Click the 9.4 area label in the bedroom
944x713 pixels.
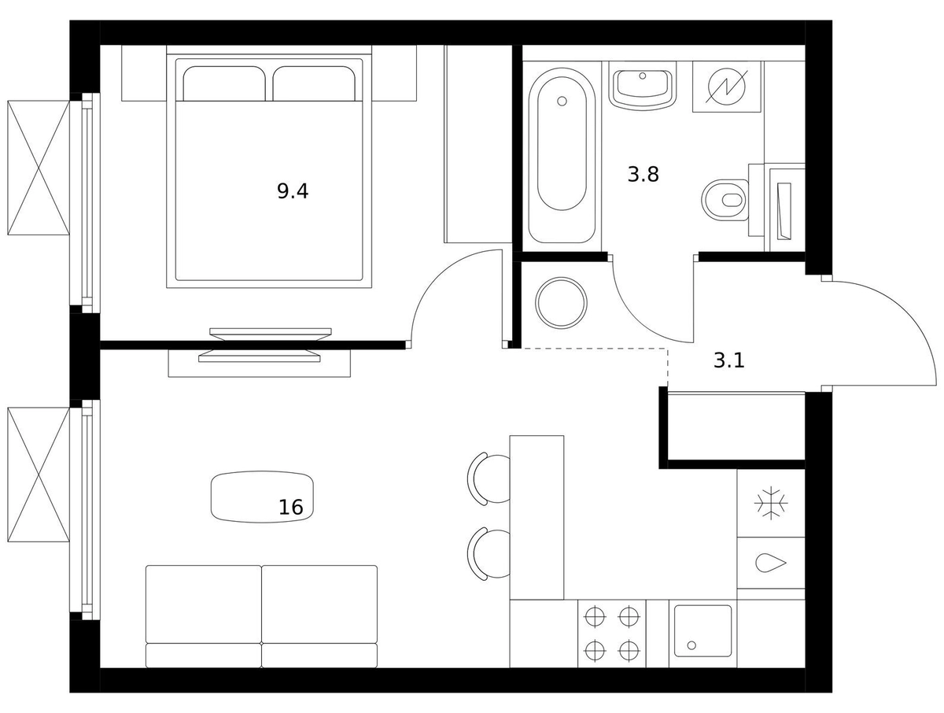293,191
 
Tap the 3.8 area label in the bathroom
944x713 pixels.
643,175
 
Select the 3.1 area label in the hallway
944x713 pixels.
729,360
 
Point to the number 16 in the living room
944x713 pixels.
291,508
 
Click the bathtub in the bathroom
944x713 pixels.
562,155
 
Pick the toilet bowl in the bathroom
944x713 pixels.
725,200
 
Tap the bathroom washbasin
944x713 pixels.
643,87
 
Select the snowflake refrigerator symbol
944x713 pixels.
771,503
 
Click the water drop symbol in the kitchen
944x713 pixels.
771,563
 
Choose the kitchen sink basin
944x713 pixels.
702,631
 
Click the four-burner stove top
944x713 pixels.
612,633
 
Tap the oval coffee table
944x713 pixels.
262,497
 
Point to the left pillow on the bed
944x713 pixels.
224,83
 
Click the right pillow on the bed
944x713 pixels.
314,83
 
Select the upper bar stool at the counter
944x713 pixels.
489,478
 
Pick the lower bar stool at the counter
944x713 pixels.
489,554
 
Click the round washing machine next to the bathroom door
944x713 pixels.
561,302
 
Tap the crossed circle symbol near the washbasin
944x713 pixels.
726,87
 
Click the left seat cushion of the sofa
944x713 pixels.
204,604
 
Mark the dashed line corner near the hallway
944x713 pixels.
668,349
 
